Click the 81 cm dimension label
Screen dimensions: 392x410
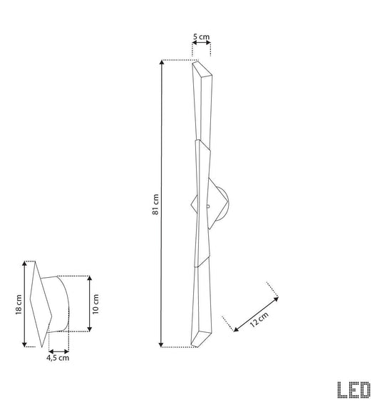tap(155, 204)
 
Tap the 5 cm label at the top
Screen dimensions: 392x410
tap(201, 36)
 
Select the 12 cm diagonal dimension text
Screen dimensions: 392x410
tap(259, 319)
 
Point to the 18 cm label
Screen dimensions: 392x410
tap(19, 304)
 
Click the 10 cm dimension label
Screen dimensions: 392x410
tap(96, 304)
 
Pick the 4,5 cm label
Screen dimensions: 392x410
tap(58, 358)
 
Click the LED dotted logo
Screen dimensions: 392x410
tap(354, 390)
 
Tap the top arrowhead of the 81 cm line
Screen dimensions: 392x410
tap(162, 62)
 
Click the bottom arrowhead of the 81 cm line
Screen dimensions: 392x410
tap(161, 344)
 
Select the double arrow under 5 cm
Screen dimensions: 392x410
tap(201, 43)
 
